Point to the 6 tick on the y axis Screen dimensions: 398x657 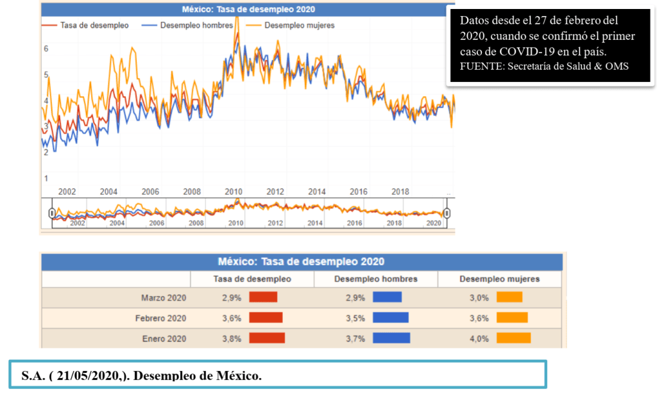46,49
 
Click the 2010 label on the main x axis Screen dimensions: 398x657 234,192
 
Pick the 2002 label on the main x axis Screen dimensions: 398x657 67,192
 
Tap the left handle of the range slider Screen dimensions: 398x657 51,213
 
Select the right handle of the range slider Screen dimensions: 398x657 447,213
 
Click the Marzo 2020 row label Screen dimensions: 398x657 164,298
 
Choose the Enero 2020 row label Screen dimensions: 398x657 165,338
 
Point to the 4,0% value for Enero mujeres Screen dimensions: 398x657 479,338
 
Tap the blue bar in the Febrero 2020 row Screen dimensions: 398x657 390,318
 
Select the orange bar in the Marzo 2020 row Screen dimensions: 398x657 509,297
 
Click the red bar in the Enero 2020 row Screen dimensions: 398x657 267,338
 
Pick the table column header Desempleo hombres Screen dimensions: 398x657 375,279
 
